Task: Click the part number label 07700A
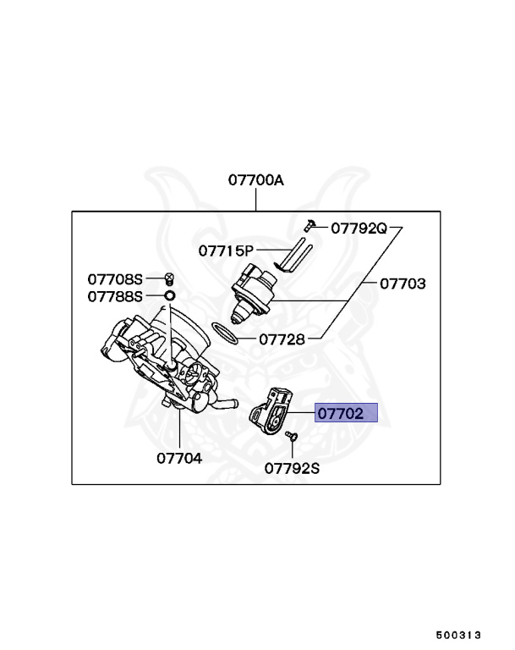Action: (x=255, y=180)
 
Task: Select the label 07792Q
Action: (x=359, y=228)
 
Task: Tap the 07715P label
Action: (x=226, y=251)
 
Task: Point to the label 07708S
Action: (x=116, y=278)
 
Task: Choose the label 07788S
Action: (x=116, y=296)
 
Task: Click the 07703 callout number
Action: (x=402, y=284)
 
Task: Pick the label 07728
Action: (x=282, y=339)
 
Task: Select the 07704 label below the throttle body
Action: (x=179, y=458)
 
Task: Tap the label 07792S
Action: (x=292, y=467)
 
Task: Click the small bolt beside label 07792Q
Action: (x=310, y=226)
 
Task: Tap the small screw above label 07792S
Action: (x=292, y=436)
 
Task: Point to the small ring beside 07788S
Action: (x=169, y=296)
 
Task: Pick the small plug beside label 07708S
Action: (x=169, y=278)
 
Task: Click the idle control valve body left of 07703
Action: (x=254, y=293)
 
